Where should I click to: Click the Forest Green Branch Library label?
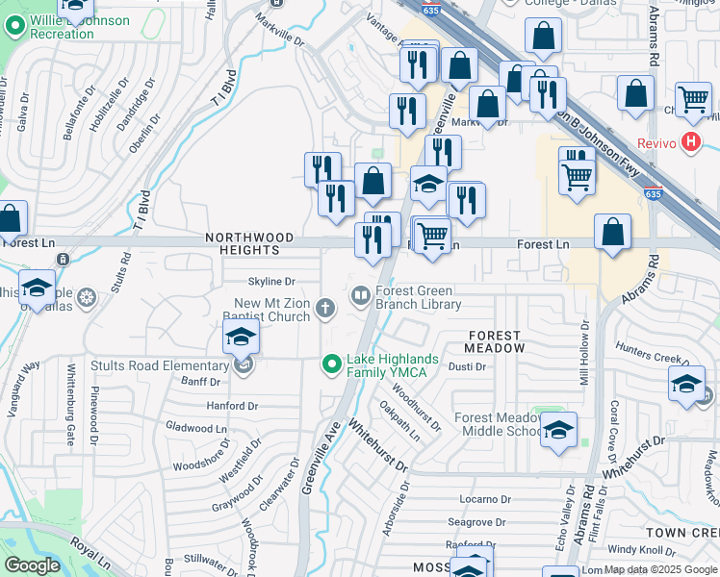(x=418, y=297)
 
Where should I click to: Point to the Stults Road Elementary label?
(x=159, y=365)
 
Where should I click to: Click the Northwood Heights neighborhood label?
(x=242, y=243)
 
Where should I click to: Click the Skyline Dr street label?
(x=271, y=281)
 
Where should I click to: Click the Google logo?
(x=33, y=565)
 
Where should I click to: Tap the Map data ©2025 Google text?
(x=658, y=570)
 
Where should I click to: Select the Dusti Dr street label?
(x=467, y=366)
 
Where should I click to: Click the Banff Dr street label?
(x=200, y=383)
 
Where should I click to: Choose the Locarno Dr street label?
(x=484, y=499)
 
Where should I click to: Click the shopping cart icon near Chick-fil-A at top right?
(x=692, y=100)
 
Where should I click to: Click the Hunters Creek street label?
(x=677, y=354)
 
